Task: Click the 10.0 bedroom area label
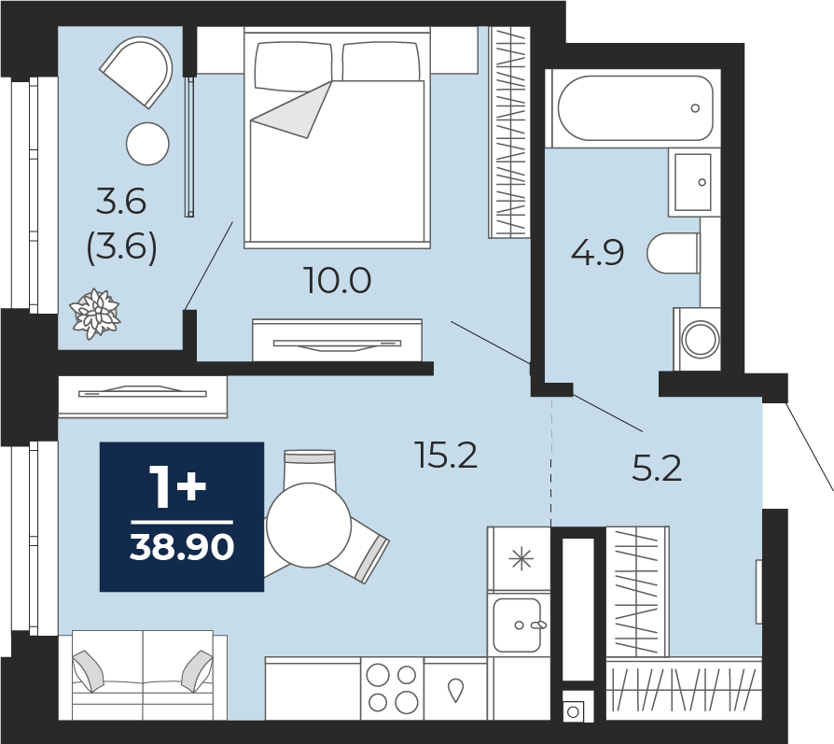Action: point(337,280)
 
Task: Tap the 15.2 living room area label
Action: point(447,456)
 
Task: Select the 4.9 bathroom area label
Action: point(597,253)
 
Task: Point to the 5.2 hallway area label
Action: point(657,469)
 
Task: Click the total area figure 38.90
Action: point(182,547)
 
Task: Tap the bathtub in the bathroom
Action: point(635,108)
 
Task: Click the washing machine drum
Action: point(701,339)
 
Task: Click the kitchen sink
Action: point(518,625)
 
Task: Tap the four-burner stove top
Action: point(392,689)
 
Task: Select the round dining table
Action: point(309,526)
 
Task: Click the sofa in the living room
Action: point(143,675)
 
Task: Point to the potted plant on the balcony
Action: point(95,314)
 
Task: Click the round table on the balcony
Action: point(148,144)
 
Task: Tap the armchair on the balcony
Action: point(137,71)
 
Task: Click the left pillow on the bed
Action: point(294,63)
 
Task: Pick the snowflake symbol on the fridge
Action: point(521,559)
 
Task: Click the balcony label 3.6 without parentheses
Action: point(121,203)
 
